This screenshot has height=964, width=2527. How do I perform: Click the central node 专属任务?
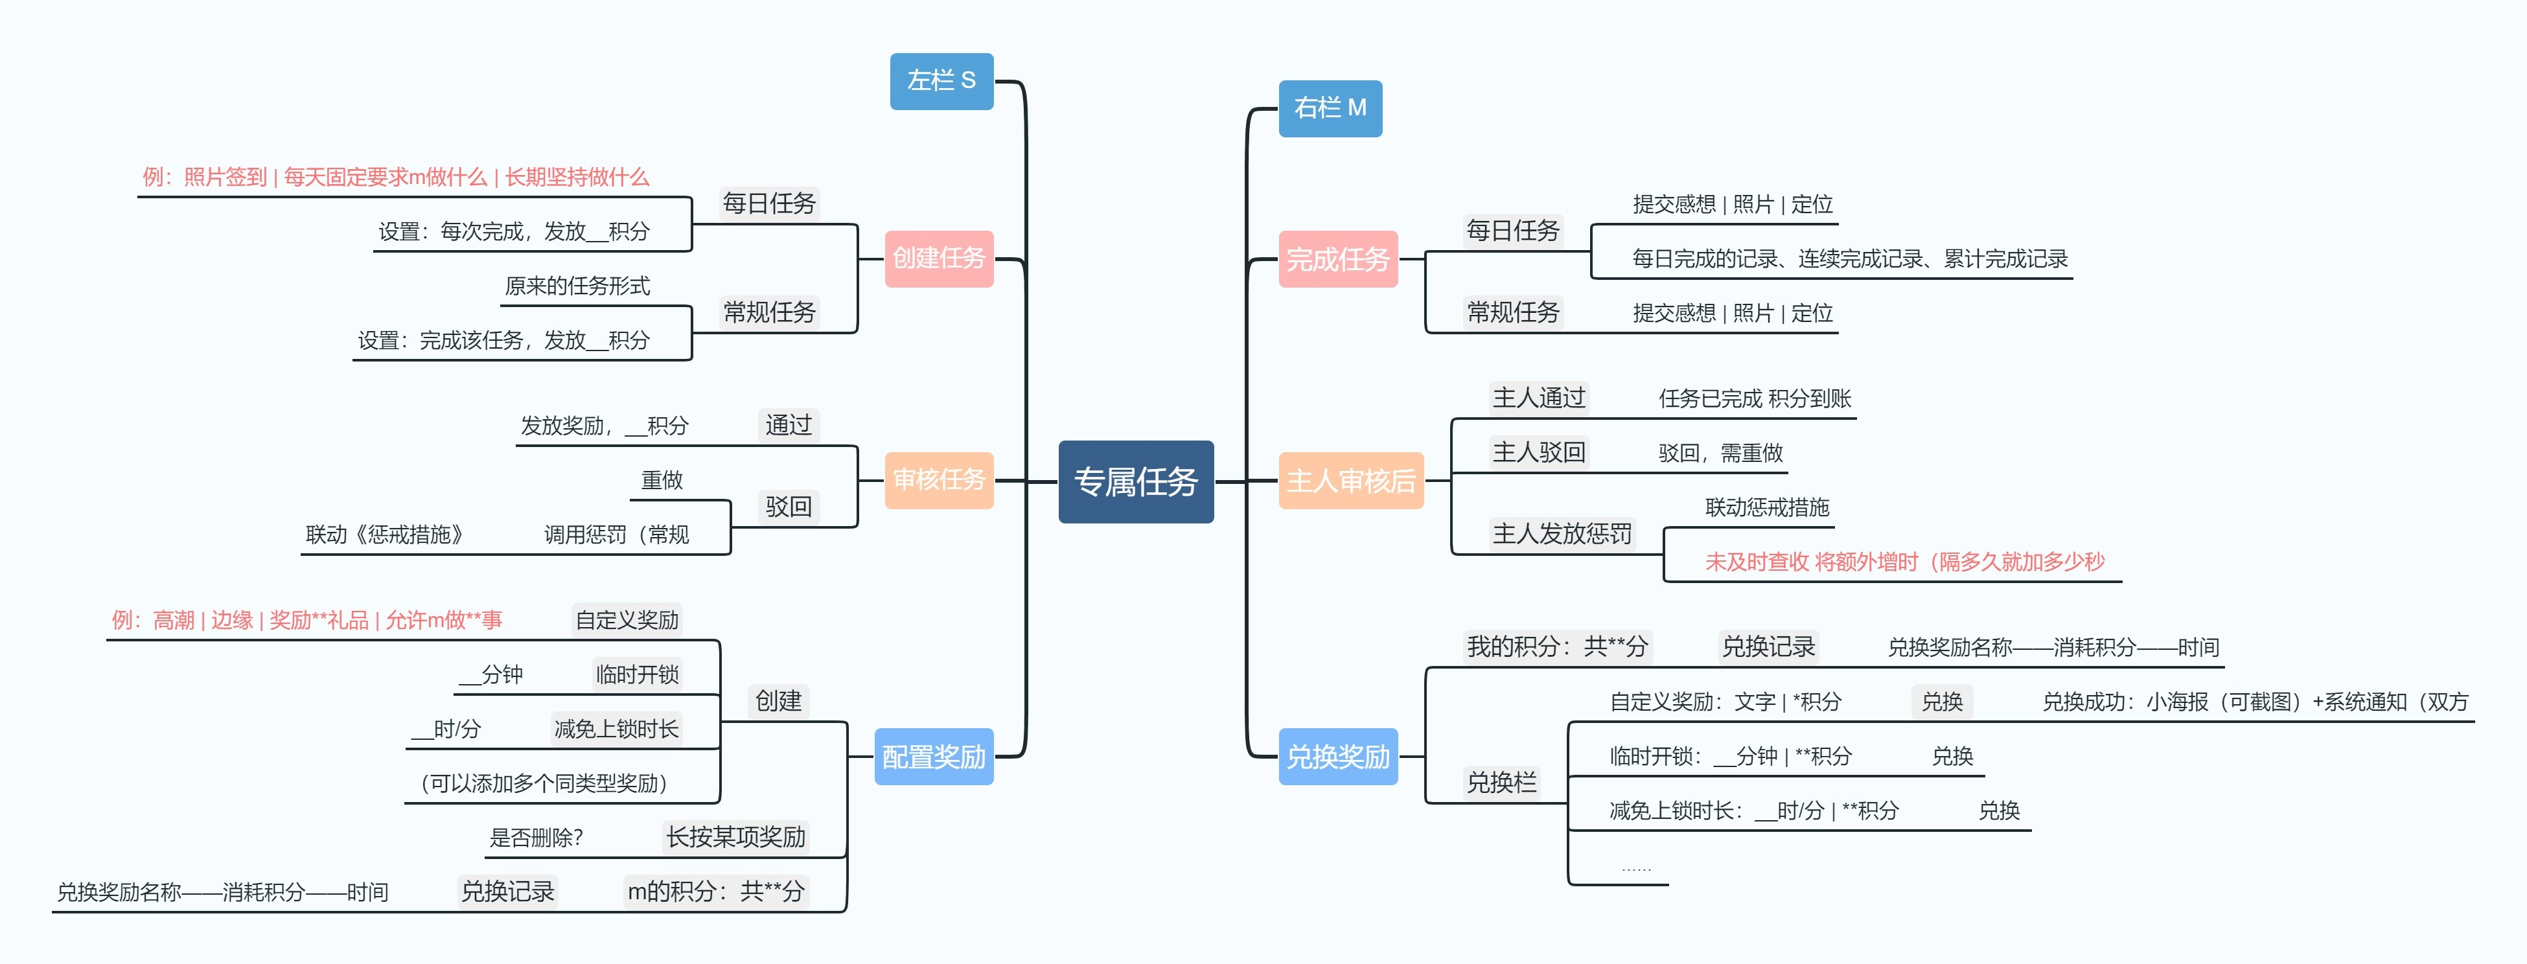[x=1136, y=481]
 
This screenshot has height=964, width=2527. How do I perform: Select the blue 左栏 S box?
[x=941, y=80]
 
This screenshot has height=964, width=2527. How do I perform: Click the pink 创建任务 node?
[x=939, y=258]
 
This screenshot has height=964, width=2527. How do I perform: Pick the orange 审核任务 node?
[x=939, y=479]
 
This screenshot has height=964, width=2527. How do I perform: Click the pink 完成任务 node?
[x=1337, y=259]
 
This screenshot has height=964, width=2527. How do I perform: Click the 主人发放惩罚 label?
[x=1562, y=533]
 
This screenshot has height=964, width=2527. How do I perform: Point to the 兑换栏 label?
[x=1501, y=783]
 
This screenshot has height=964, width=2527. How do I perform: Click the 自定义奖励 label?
[x=627, y=620]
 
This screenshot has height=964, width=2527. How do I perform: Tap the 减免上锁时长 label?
[x=616, y=729]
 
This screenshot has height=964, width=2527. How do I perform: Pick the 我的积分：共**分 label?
[x=1557, y=647]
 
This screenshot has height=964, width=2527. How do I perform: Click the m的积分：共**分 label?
[x=715, y=891]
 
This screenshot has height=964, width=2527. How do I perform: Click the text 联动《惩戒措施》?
[x=384, y=534]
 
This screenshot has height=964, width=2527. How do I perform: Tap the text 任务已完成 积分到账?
[x=1754, y=398]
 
